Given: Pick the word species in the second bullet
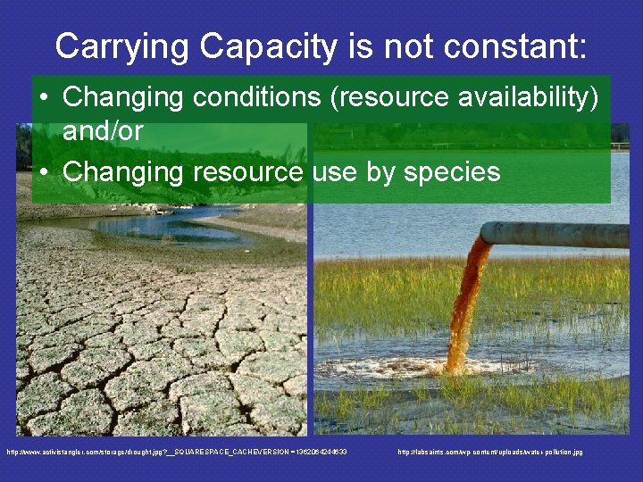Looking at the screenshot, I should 452,170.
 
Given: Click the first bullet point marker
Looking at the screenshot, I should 44,96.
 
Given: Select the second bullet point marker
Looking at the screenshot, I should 44,170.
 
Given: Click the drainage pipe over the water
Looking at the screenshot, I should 563,235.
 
